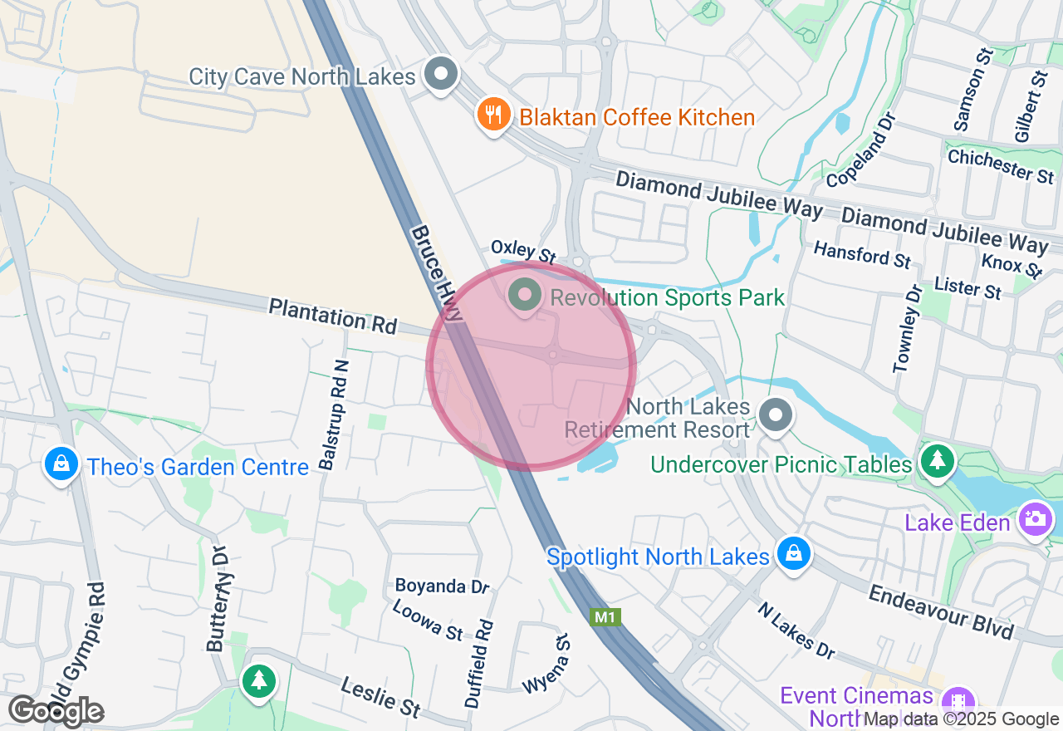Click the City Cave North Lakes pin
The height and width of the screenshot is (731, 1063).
pyautogui.click(x=441, y=75)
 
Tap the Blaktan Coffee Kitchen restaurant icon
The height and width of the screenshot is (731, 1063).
pyautogui.click(x=494, y=115)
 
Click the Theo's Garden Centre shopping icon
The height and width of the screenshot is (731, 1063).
pyautogui.click(x=61, y=464)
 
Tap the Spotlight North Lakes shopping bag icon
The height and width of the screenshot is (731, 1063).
pyautogui.click(x=794, y=552)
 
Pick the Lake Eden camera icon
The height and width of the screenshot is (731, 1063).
pyautogui.click(x=1036, y=520)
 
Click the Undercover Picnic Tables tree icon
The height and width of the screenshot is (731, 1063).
pyautogui.click(x=938, y=460)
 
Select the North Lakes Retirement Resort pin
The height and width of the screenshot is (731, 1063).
pyautogui.click(x=776, y=415)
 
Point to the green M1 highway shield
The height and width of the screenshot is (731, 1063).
pyautogui.click(x=605, y=617)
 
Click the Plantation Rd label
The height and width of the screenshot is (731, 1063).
pyautogui.click(x=332, y=316)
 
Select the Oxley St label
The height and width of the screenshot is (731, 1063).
pyautogui.click(x=523, y=251)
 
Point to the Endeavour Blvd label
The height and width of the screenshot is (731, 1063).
pyautogui.click(x=942, y=611)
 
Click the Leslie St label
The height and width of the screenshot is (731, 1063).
pyautogui.click(x=381, y=695)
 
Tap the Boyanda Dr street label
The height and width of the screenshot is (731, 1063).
pyautogui.click(x=443, y=586)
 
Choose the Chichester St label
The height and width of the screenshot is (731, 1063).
pyautogui.click(x=1001, y=165)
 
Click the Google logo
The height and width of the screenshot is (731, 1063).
pyautogui.click(x=56, y=712)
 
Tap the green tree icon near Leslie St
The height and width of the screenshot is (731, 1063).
pyautogui.click(x=259, y=681)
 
